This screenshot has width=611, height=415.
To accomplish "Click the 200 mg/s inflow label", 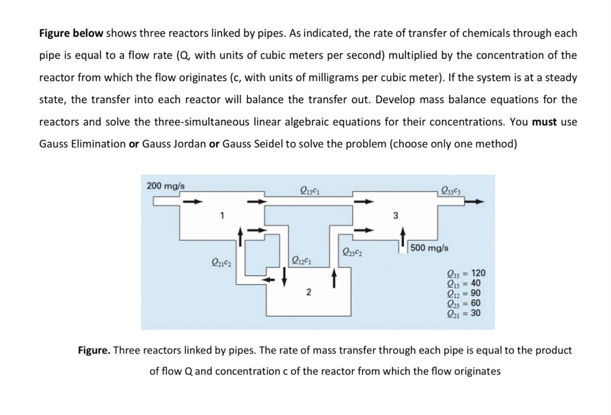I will [x=166, y=186].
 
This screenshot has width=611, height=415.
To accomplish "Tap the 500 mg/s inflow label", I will [x=429, y=248].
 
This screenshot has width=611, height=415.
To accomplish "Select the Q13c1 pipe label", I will [x=310, y=190].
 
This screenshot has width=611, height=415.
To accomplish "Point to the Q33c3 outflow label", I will [x=451, y=190].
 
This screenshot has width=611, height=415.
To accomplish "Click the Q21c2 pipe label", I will [x=221, y=262].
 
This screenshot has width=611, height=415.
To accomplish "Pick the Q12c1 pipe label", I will [x=301, y=260].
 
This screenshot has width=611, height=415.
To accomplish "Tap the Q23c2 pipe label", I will [x=352, y=252].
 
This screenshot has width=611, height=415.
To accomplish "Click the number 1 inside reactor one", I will [x=222, y=215].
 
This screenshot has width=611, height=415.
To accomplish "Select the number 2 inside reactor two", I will [x=309, y=292].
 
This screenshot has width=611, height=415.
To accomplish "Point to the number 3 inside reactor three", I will [x=395, y=215].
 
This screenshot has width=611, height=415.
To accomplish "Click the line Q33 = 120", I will [x=466, y=273].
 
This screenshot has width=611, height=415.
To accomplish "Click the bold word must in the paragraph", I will [x=544, y=122].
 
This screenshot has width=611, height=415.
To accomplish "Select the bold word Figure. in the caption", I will [x=94, y=350].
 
